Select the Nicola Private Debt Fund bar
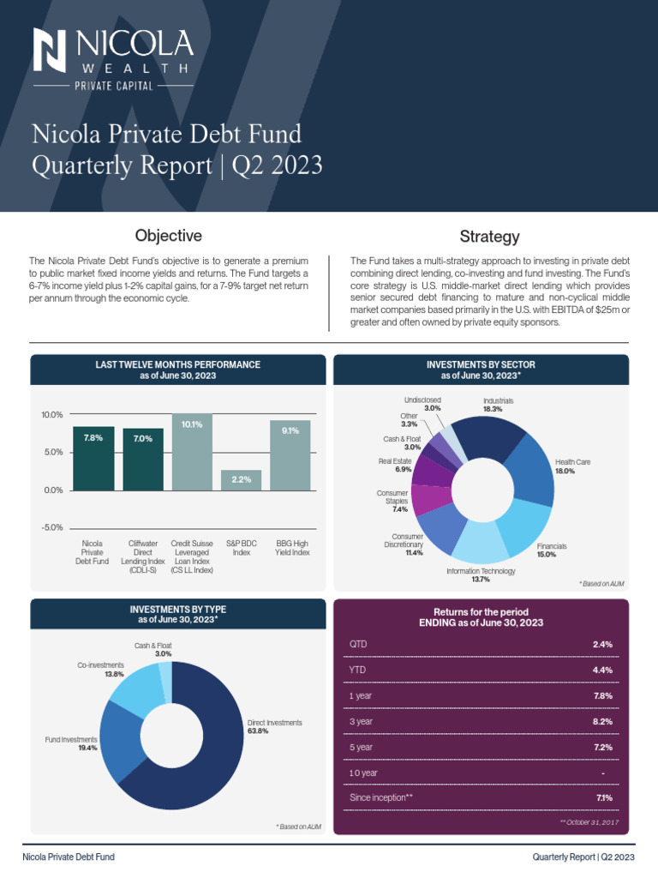[93, 458]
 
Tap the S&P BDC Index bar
[241, 480]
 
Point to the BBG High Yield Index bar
[290, 455]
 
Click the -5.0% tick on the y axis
[51, 528]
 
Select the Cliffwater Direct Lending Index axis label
[142, 556]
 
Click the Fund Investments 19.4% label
[71, 743]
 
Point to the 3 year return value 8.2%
[601, 722]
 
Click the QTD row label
[358, 644]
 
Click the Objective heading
[169, 236]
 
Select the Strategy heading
[489, 237]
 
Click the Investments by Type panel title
[178, 614]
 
